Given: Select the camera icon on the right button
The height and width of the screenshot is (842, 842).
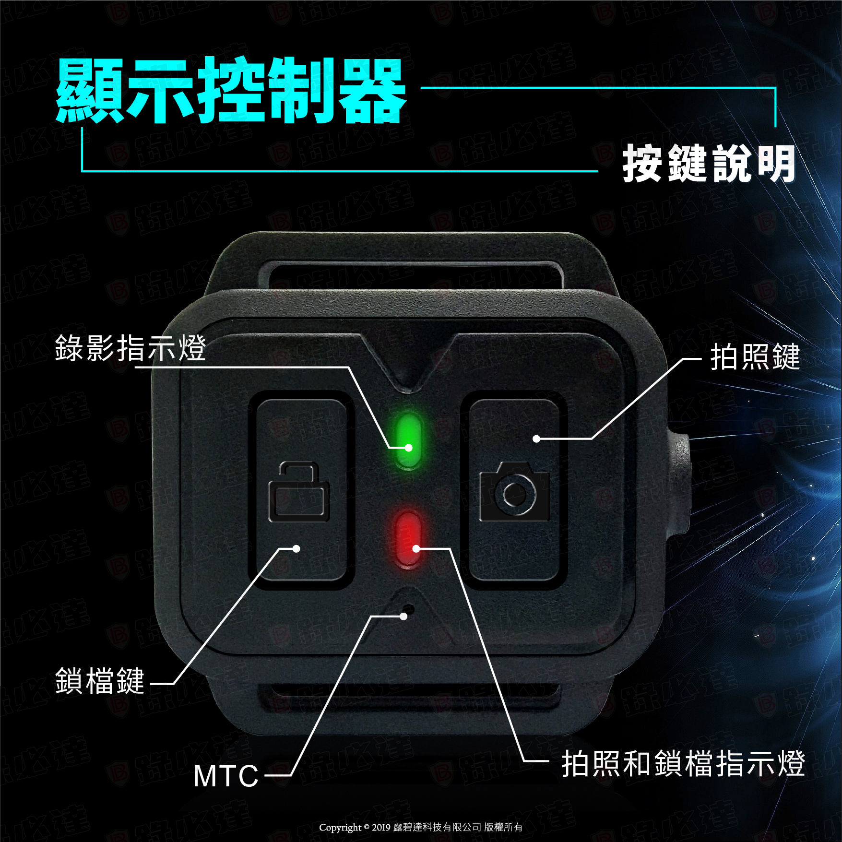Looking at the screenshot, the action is [515, 491].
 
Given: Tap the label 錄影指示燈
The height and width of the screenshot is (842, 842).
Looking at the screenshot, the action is [130, 348].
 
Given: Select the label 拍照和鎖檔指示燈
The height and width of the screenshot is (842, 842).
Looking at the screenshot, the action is [683, 763].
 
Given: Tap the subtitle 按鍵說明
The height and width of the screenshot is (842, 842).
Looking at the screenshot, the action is [709, 164].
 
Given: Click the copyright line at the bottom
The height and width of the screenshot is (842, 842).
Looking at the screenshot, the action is [421, 827].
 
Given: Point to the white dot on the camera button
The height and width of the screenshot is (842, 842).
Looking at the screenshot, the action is [536, 439].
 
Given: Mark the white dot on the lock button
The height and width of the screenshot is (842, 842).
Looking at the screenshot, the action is [296, 548].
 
